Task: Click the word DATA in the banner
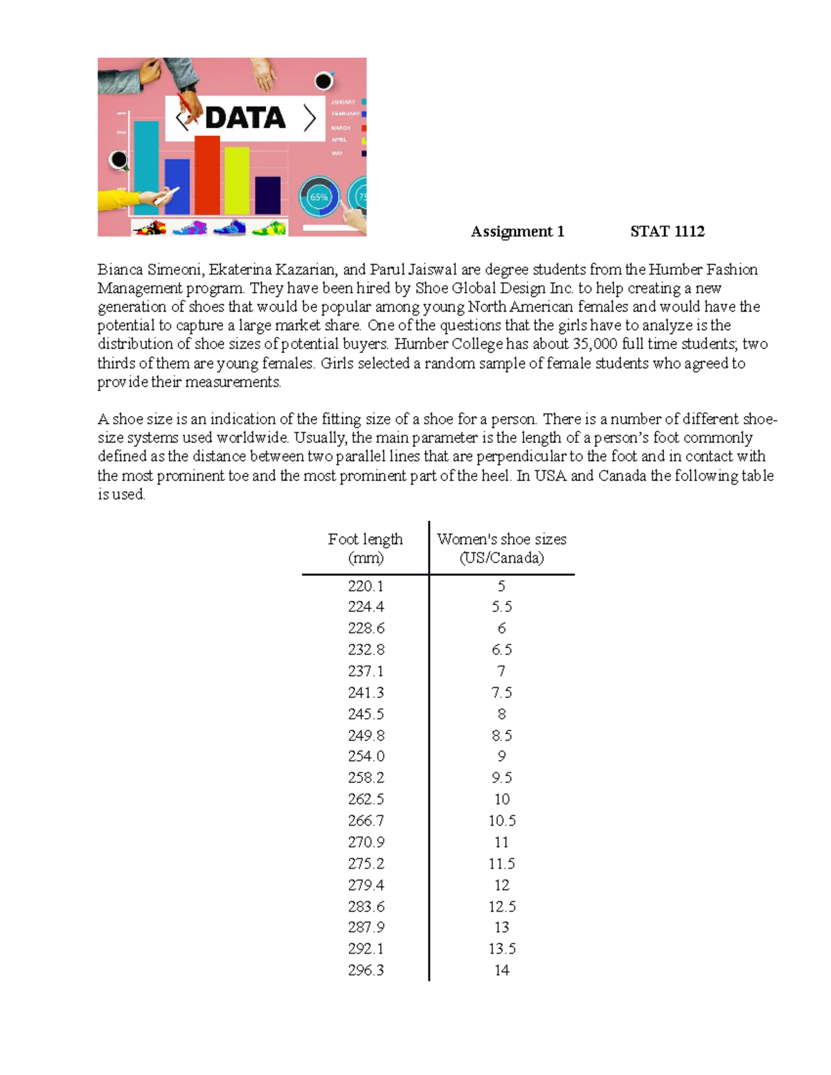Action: point(245,118)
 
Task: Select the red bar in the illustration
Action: point(207,177)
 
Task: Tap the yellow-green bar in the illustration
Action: point(237,181)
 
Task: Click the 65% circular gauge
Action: point(319,197)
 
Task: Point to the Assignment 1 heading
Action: point(517,231)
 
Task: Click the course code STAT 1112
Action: point(667,231)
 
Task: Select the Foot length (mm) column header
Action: point(365,548)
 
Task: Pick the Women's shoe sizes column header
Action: point(501,548)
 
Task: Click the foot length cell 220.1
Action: point(366,586)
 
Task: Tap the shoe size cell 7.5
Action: point(501,693)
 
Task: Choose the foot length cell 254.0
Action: point(366,757)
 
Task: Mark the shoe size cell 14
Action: point(501,970)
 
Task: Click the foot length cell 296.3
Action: point(366,970)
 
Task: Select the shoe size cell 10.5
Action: point(501,821)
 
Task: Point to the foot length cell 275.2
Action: point(366,864)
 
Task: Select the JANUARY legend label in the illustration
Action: point(343,102)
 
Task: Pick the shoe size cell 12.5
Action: point(501,907)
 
